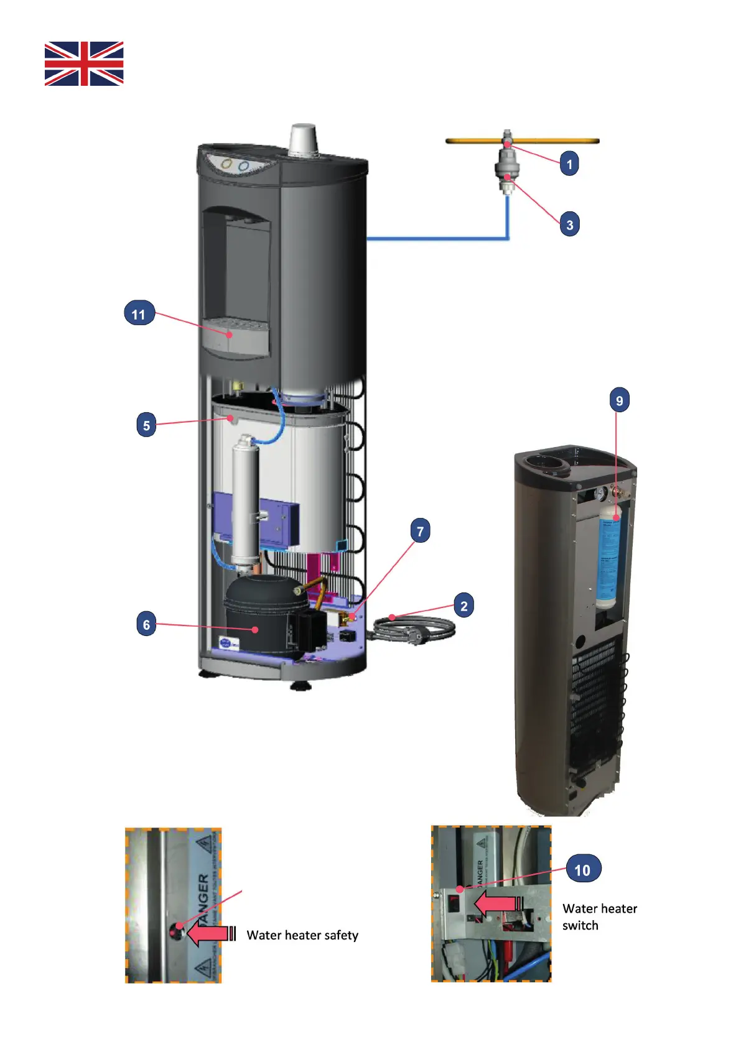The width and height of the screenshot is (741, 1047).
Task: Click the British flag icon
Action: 84,63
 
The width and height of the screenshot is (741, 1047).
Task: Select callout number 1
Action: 569,164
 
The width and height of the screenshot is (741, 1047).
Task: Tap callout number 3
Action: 569,224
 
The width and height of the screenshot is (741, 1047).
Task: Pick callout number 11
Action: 139,314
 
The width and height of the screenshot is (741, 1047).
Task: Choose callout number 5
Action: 146,425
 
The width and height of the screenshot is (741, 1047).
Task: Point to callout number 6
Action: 146,624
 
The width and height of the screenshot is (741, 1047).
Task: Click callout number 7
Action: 420,531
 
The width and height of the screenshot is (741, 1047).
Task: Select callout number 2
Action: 464,606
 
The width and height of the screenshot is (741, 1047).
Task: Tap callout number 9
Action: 619,400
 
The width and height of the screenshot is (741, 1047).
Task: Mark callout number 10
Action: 582,870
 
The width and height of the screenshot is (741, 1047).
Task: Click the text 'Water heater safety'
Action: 302,935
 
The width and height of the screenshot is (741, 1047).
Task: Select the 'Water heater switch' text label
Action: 599,916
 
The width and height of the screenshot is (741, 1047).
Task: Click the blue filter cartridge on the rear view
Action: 608,556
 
